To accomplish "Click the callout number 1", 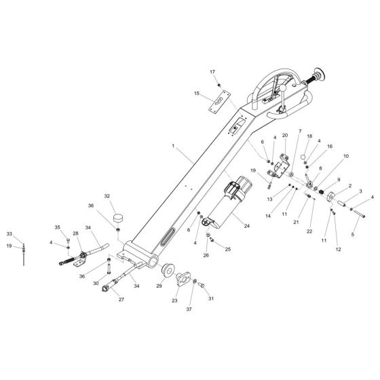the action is click(173, 146).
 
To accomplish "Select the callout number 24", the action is click(247, 226).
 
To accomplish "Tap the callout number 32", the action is click(107, 196).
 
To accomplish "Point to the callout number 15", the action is click(197, 93).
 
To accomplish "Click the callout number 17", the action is click(212, 72).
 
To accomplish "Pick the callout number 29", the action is click(159, 286).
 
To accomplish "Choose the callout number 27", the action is click(121, 299).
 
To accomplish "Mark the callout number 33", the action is click(9, 234).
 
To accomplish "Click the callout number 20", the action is click(285, 135).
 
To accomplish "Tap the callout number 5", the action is click(353, 234).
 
